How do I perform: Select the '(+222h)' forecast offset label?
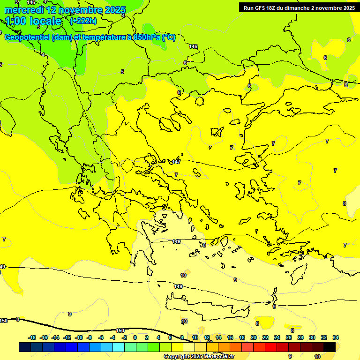(83, 21)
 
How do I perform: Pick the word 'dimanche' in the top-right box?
(305, 8)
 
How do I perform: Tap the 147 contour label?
(176, 162)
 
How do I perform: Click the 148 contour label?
(176, 241)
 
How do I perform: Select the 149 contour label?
(178, 286)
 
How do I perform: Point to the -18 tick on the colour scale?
(32, 337)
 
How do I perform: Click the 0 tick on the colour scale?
(135, 337)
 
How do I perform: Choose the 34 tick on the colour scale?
(336, 337)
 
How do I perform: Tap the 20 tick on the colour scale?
(254, 337)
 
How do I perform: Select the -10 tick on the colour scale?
(78, 337)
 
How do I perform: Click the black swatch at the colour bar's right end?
(330, 347)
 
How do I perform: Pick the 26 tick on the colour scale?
(289, 337)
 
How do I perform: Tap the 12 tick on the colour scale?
(207, 337)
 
